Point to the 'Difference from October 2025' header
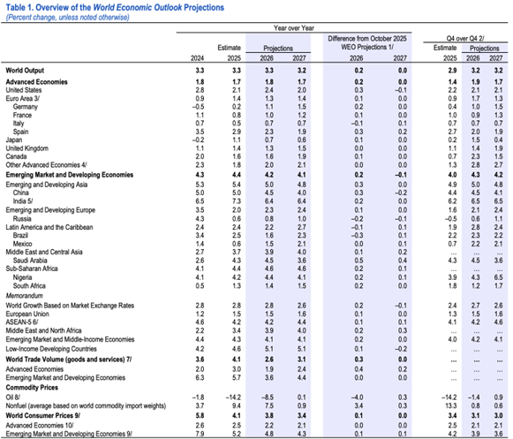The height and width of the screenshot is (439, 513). [x=365, y=42]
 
